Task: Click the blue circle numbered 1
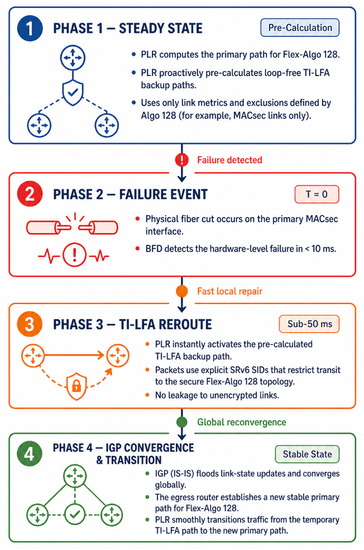pyautogui.click(x=30, y=28)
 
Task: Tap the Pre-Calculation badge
pyautogui.click(x=300, y=28)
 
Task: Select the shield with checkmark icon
pyautogui.click(x=73, y=93)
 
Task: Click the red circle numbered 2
pyautogui.click(x=30, y=194)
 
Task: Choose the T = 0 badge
pyautogui.click(x=317, y=195)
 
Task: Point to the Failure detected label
pyautogui.click(x=229, y=160)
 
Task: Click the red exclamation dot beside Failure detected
pyautogui.click(x=182, y=160)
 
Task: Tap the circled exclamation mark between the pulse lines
pyautogui.click(x=74, y=255)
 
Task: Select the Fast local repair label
pyautogui.click(x=229, y=291)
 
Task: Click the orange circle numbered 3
pyautogui.click(x=30, y=324)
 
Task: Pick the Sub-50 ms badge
pyautogui.click(x=309, y=324)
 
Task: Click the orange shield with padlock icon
pyautogui.click(x=76, y=386)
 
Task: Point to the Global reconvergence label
pyautogui.click(x=241, y=422)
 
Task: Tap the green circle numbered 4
pyautogui.click(x=30, y=454)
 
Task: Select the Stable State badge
pyautogui.click(x=307, y=454)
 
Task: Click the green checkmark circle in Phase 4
pyautogui.click(x=75, y=515)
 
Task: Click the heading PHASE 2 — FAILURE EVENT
pyautogui.click(x=130, y=195)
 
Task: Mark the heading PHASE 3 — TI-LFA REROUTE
pyautogui.click(x=132, y=324)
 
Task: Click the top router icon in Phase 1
pyautogui.click(x=73, y=57)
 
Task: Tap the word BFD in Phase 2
pyautogui.click(x=154, y=249)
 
